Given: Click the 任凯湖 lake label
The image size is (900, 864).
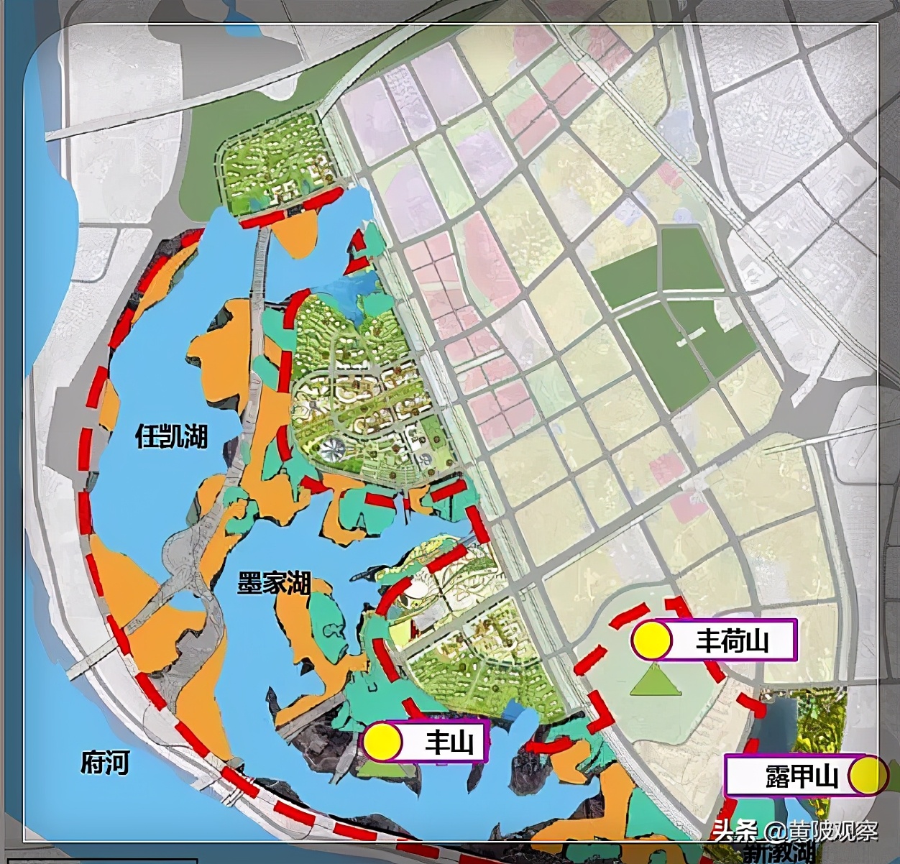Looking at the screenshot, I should point(172,436).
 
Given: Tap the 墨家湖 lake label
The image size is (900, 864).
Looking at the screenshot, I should point(274,582).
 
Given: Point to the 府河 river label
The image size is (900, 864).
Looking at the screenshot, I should point(105,761).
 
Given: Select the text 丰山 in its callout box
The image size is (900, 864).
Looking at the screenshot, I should point(449,742).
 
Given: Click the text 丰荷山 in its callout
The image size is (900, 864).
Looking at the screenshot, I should point(732,640).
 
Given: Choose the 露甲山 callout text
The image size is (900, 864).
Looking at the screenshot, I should point(802,776).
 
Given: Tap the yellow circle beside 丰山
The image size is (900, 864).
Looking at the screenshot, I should point(382,742).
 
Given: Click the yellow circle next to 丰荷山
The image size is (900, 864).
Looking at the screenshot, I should point(651,640).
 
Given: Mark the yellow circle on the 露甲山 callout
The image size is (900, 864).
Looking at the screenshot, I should point(867,775).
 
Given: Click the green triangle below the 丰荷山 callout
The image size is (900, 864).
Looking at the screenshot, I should point(655,681).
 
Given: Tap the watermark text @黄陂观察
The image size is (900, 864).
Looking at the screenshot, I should point(821,831).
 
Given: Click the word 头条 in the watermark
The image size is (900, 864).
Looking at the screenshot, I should point(734,831).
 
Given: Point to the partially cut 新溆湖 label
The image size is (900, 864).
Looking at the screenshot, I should point(780,854).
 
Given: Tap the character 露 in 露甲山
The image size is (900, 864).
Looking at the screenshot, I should point(778,776).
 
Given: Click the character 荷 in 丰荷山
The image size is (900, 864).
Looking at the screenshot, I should point(732,640).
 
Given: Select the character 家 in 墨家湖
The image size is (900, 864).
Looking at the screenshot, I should point(274,582).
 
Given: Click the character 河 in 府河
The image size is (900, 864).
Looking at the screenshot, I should point(117,761).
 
